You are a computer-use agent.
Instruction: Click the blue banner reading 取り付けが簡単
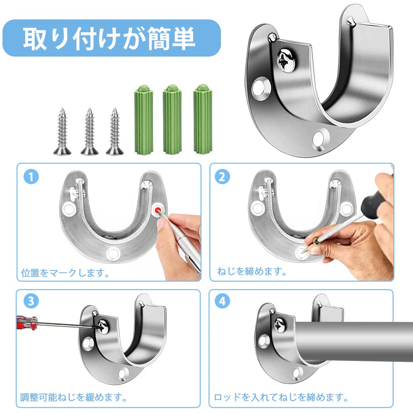pos(112,38)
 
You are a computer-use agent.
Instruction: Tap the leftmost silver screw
pos(62,131)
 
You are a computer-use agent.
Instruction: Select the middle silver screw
pos(90,131)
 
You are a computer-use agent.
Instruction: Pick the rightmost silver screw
pos(114,131)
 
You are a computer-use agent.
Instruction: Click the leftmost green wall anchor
pos(144,120)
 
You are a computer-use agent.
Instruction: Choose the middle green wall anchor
pos(172,120)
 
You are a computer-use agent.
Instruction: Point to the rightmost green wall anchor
pos(202,120)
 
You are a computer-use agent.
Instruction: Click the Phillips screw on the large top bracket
pos(286,60)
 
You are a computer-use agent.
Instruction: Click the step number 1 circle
pos(31,177)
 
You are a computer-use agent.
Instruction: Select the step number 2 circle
pos(222,177)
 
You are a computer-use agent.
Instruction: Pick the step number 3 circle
pos(31,301)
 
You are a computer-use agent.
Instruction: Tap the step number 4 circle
pos(222,301)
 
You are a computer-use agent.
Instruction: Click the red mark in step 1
pos(158,211)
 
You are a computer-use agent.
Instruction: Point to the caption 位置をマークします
pos(65,273)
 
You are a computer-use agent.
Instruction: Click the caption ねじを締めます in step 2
pos(252,271)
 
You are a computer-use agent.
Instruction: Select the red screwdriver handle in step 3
pos(26,322)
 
